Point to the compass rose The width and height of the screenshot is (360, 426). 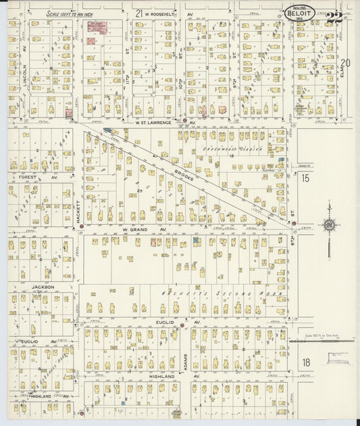click(x=329, y=225)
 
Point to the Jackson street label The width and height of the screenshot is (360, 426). click(x=42, y=287)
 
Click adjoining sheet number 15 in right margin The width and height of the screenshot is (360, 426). click(x=305, y=178)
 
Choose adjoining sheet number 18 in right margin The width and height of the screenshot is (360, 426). click(x=306, y=363)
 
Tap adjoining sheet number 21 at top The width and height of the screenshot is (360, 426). click(x=138, y=13)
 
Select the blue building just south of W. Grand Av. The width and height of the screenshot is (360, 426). click(x=195, y=240)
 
